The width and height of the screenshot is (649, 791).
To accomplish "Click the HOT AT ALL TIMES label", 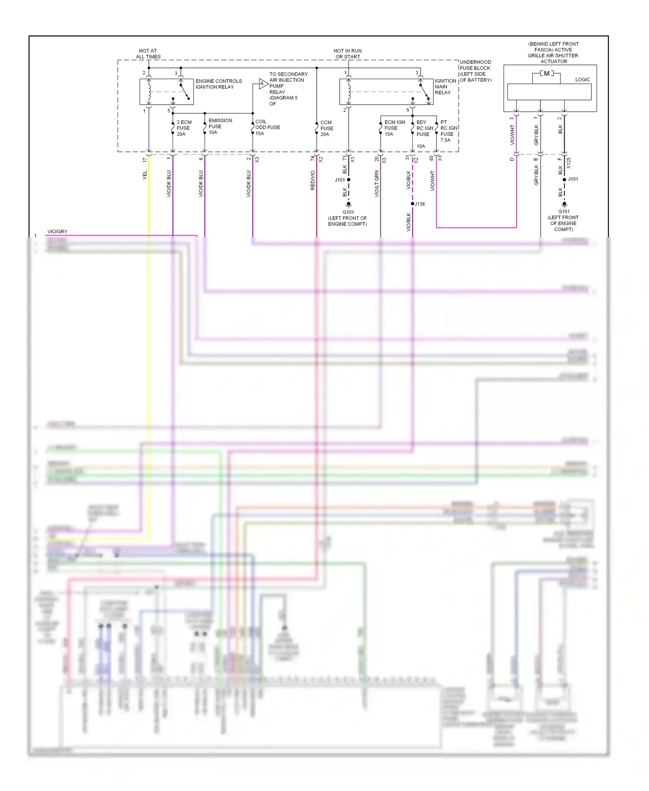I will pyautogui.click(x=148, y=54).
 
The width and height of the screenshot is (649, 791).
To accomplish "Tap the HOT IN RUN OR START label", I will pyautogui.click(x=347, y=54).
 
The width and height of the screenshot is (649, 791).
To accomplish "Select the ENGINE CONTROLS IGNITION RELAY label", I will pyautogui.click(x=218, y=84).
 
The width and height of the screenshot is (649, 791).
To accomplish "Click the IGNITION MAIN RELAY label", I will pyautogui.click(x=445, y=87).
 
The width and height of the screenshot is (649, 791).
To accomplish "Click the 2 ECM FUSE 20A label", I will pyautogui.click(x=184, y=128).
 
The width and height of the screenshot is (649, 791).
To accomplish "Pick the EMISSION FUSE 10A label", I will pyautogui.click(x=220, y=126).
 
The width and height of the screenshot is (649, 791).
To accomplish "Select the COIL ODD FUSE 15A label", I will pyautogui.click(x=267, y=128).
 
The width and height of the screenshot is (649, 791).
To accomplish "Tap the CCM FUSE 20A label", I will pyautogui.click(x=327, y=129).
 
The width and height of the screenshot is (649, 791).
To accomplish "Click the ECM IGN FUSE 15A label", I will pyautogui.click(x=394, y=128).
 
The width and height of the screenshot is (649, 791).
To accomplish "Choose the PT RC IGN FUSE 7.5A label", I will pyautogui.click(x=448, y=131).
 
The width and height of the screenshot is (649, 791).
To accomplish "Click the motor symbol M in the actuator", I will pyautogui.click(x=546, y=74).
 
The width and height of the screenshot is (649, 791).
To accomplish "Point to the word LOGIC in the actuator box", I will pyautogui.click(x=582, y=80).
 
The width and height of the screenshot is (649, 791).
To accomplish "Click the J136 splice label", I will pyautogui.click(x=420, y=204).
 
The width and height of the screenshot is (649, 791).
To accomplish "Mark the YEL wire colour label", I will pyautogui.click(x=145, y=175).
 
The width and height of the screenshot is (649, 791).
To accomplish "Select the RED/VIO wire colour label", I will pyautogui.click(x=312, y=180).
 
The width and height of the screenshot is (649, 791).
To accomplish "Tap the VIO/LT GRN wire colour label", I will pyautogui.click(x=376, y=184).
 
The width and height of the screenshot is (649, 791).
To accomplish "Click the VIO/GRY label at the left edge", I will pyautogui.click(x=57, y=232).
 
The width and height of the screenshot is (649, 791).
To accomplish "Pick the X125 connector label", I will pyautogui.click(x=569, y=163).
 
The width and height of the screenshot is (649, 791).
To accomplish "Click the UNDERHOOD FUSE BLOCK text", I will pyautogui.click(x=475, y=65).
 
